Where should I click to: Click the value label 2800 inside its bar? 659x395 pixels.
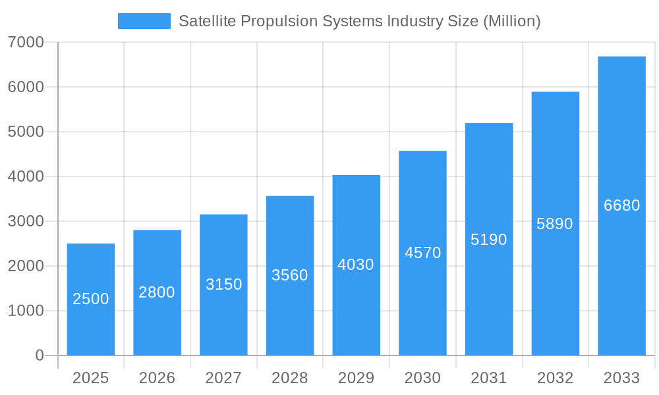pos(157,292)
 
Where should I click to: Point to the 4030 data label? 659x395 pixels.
pos(356,265)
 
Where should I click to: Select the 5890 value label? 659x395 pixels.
pos(555,224)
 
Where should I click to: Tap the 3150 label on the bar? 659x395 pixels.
pos(223,284)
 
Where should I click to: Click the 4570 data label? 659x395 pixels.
pos(422,253)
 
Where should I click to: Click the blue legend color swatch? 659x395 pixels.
pos(144,21)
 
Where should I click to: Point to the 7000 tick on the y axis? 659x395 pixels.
pos(26,42)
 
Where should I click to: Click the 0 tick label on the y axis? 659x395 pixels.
pos(39,355)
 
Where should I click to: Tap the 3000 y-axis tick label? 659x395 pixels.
pos(26,221)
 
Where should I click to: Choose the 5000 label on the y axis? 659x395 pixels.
pos(26,132)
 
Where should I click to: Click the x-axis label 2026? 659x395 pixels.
pos(157,378)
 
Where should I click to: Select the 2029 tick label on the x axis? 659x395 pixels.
pos(356,378)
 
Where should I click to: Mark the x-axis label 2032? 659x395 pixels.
pos(555,378)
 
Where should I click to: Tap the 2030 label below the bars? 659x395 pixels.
pos(422,378)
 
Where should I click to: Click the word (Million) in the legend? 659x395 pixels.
pos(511,21)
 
